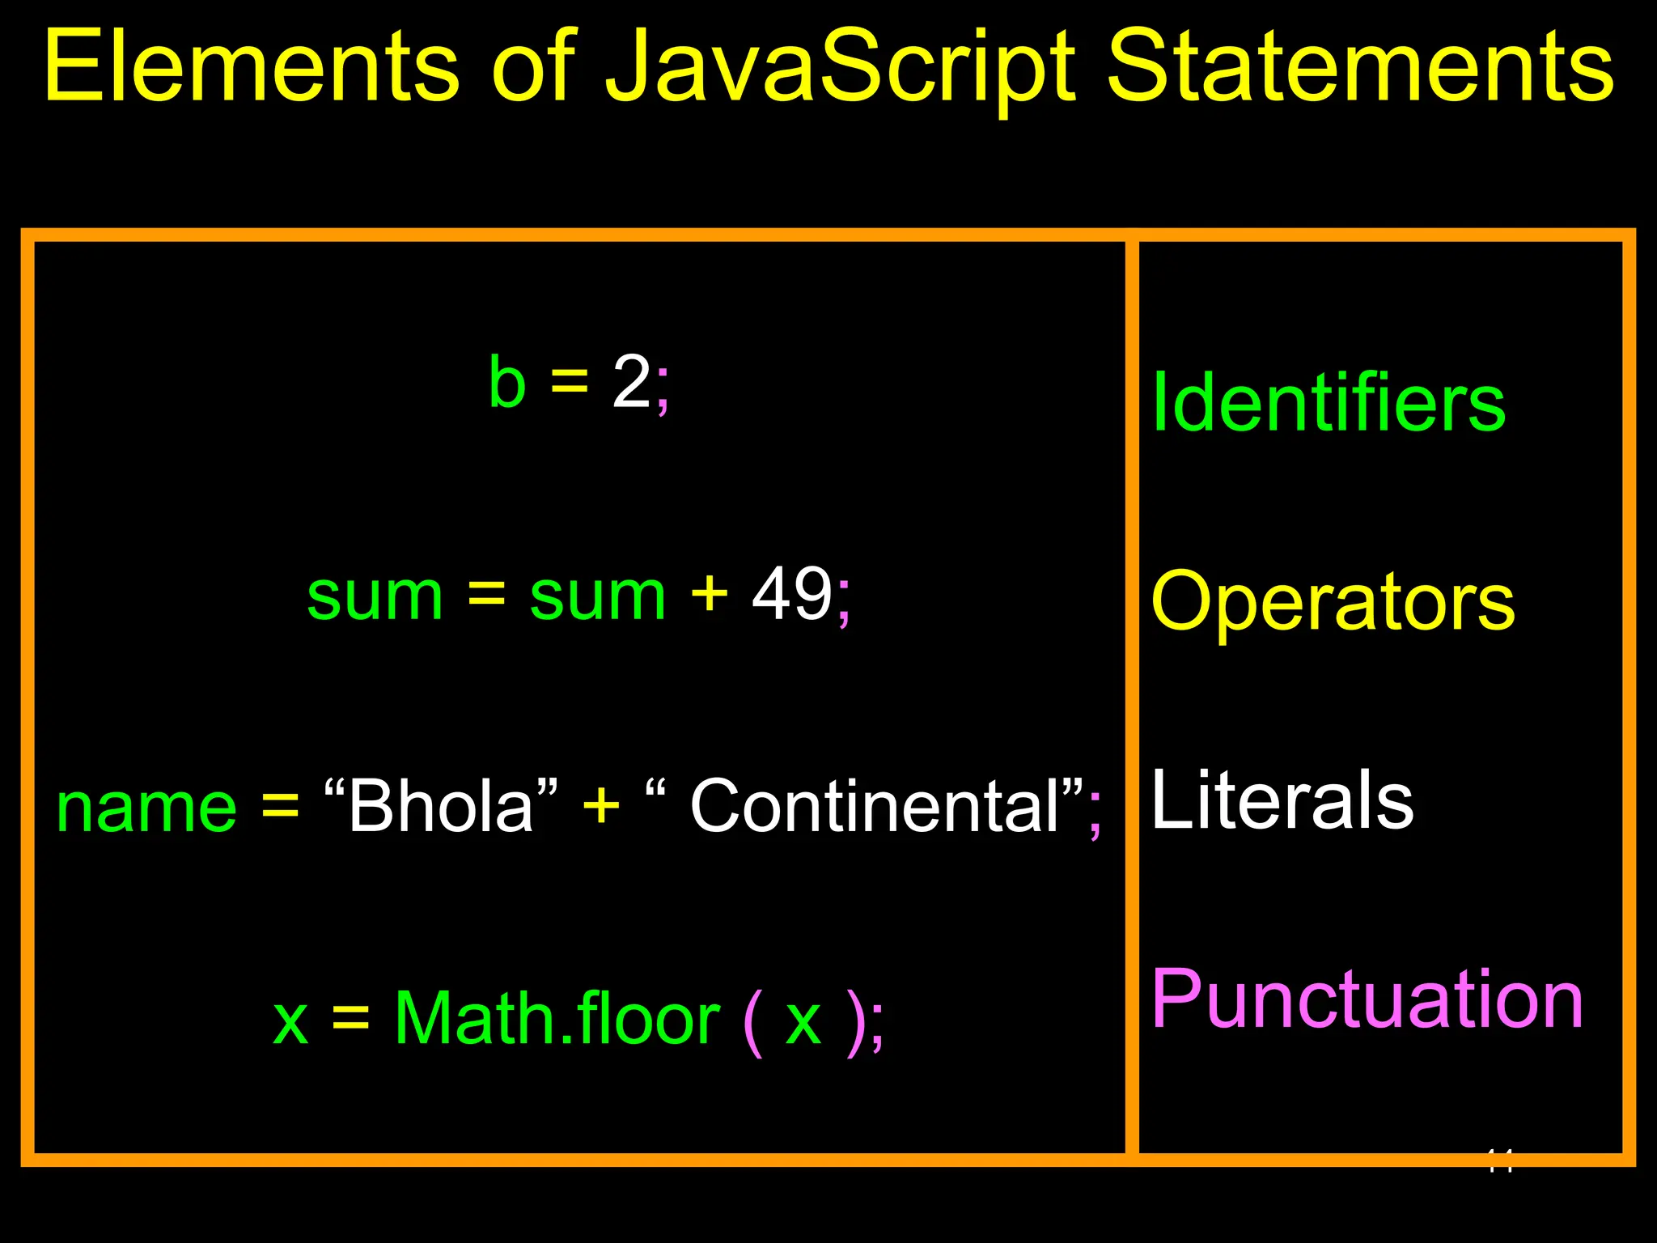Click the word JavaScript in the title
[841, 69]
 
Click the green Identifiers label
[1328, 402]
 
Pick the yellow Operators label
[1333, 602]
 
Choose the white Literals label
[1282, 800]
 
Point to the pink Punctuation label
[1367, 999]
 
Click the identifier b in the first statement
[507, 382]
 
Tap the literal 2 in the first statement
[631, 382]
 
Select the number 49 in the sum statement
[792, 595]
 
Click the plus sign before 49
[710, 595]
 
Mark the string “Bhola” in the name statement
[441, 806]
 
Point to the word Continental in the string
[875, 806]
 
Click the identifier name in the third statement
[146, 808]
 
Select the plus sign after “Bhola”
[601, 806]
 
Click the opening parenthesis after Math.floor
[752, 1021]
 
